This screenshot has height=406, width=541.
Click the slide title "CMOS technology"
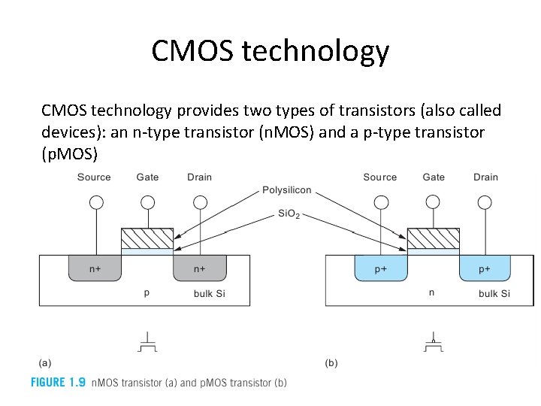point(270,51)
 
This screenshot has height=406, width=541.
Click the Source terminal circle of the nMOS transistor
point(95,201)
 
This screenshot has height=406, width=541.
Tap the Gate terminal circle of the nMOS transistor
point(147,201)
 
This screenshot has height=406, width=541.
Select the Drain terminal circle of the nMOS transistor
point(199,201)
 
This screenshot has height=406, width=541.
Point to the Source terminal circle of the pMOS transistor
point(381,201)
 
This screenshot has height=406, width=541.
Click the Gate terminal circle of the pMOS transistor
point(433,201)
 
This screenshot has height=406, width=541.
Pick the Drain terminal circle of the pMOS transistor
point(485,201)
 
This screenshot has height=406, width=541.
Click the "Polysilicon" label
point(287,190)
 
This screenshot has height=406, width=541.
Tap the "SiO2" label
point(289,214)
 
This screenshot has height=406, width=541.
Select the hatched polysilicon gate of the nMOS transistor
point(147,238)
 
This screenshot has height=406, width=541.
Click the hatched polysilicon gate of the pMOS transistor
point(433,238)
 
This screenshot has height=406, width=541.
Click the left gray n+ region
point(95,268)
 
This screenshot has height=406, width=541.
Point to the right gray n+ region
point(200,268)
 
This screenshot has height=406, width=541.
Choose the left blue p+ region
point(380,268)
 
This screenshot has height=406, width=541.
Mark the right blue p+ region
point(485,268)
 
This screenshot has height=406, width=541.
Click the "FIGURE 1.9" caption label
point(58,382)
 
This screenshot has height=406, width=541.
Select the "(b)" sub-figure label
point(331,363)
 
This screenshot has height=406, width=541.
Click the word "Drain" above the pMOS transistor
point(485,177)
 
